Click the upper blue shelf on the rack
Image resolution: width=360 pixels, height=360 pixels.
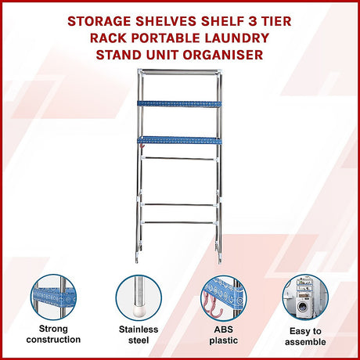(x=179, y=103)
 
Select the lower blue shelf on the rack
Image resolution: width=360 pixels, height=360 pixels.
(x=179, y=141)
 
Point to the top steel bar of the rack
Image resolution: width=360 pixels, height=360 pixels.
(x=179, y=70)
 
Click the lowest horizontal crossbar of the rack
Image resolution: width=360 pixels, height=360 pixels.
(x=179, y=222)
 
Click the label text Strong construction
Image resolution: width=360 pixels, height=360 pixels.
(x=53, y=334)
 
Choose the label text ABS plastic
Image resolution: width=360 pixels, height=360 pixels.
(x=221, y=334)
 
